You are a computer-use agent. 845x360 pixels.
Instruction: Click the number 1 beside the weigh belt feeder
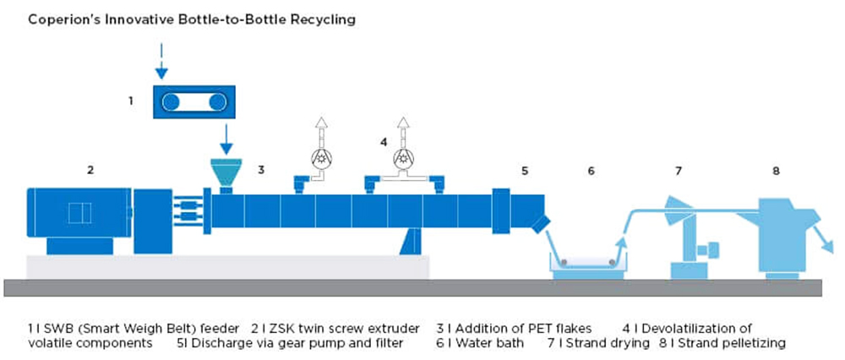point(131,101)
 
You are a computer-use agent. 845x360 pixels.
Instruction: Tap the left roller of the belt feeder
point(172,102)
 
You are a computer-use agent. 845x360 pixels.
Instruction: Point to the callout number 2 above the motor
point(90,171)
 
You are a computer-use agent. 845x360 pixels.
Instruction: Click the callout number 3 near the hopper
point(261,171)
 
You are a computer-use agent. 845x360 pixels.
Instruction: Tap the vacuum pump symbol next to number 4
point(402,157)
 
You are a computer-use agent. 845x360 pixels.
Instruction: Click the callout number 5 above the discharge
point(525,172)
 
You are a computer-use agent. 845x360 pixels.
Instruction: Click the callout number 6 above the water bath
point(591,172)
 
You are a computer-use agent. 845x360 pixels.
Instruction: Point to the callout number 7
point(679,172)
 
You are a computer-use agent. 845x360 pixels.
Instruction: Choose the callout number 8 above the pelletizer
point(776,172)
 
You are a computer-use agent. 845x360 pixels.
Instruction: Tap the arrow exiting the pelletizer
point(826,237)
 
